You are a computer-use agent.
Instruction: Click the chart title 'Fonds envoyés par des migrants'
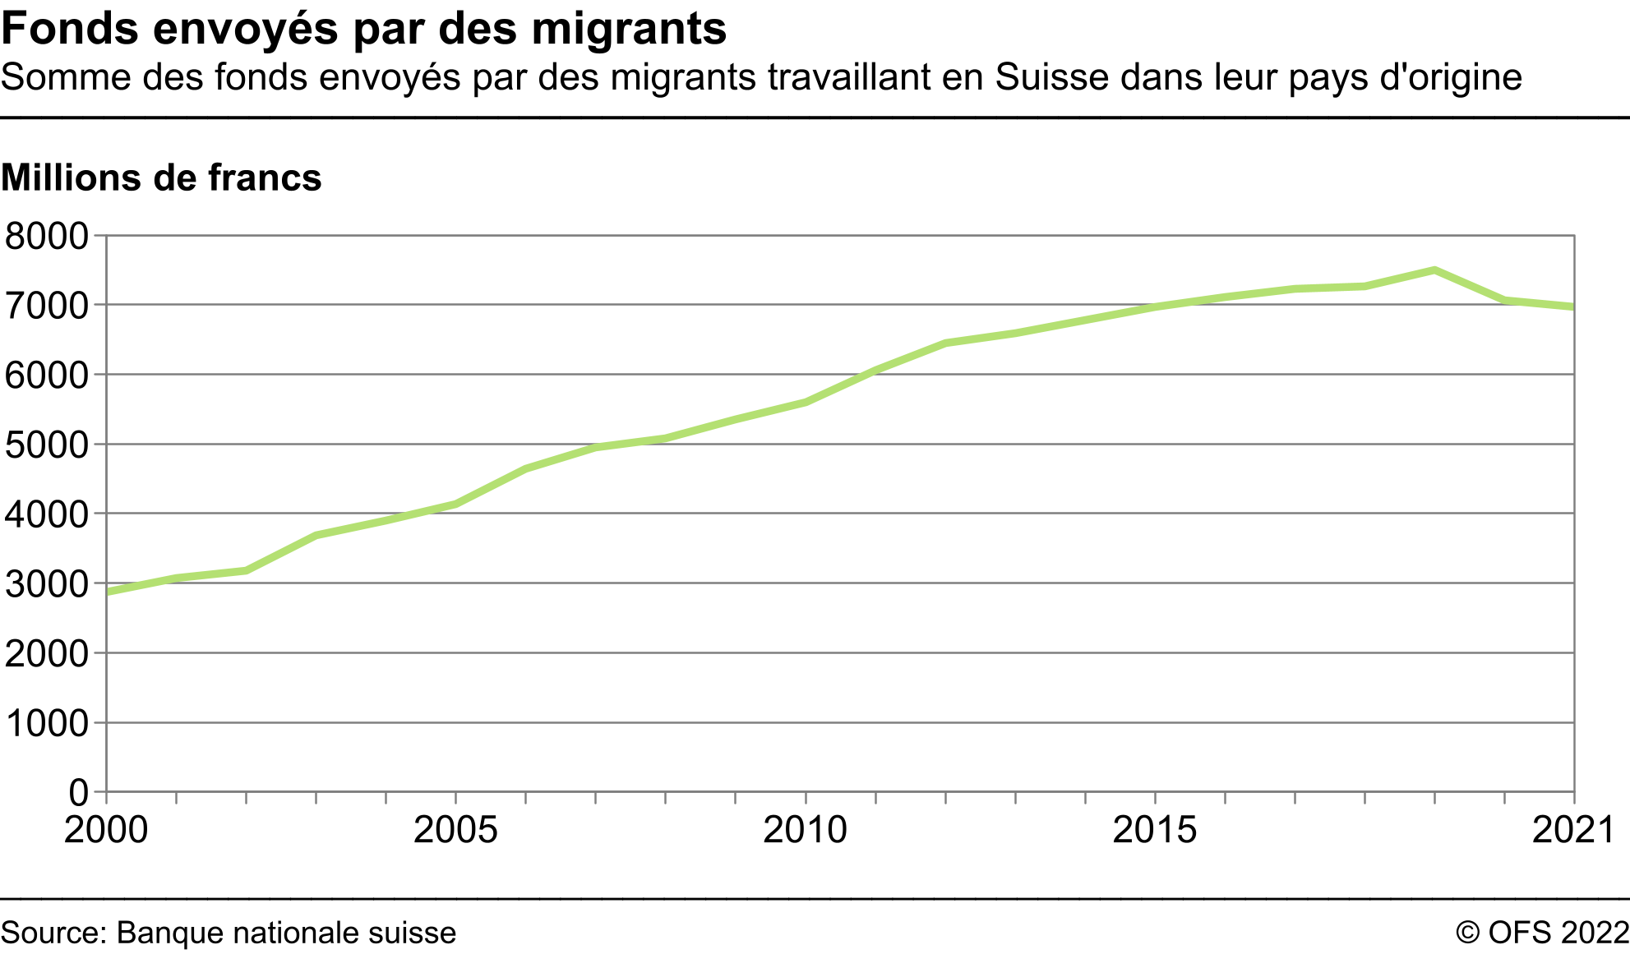point(363,29)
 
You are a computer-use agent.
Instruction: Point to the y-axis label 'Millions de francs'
point(161,177)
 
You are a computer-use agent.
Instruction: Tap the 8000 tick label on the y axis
point(46,237)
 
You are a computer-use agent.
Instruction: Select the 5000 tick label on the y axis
point(46,445)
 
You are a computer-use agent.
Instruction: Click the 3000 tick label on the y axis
point(46,584)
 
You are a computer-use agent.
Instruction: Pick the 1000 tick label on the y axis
point(46,724)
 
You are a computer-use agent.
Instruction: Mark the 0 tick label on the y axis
point(78,793)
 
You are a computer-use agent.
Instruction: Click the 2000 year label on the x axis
point(106,830)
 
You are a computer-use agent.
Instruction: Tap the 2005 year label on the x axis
point(455,830)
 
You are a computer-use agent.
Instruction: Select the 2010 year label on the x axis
point(805,830)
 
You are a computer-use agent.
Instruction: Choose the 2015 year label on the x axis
point(1154,830)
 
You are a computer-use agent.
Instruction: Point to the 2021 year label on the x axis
point(1573,830)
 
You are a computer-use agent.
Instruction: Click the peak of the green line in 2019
point(1434,270)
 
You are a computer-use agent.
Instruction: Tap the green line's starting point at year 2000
point(108,592)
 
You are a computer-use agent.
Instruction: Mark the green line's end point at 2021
point(1572,306)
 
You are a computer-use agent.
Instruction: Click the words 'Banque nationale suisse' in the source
point(286,933)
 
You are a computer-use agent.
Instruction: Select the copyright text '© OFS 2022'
point(1541,933)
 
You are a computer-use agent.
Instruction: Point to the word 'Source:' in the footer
point(54,933)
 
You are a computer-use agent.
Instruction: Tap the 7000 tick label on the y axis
point(46,306)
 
